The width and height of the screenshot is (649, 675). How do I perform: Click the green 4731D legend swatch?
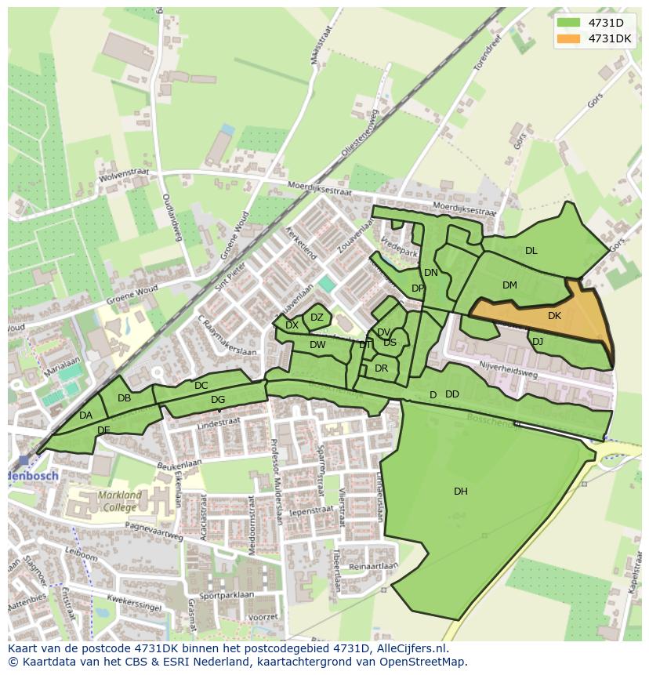click(x=569, y=23)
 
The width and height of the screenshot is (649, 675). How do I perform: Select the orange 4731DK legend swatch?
click(x=569, y=38)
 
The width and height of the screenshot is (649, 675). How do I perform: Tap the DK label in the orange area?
click(x=554, y=316)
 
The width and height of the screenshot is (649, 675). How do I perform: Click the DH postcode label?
click(x=461, y=492)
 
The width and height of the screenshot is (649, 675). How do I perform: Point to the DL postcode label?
click(x=531, y=251)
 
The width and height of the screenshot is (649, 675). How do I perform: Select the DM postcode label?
click(x=509, y=285)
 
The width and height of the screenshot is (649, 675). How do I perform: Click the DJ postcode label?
click(x=538, y=342)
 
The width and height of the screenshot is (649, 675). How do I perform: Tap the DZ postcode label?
click(x=317, y=318)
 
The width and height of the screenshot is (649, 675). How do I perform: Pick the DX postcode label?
click(x=292, y=325)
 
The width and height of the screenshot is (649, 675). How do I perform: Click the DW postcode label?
click(x=317, y=345)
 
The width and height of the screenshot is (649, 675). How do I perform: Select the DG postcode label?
click(x=218, y=400)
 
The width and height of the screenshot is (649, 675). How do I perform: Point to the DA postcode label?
click(x=86, y=416)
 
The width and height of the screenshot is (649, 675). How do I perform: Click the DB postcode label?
click(x=124, y=398)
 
